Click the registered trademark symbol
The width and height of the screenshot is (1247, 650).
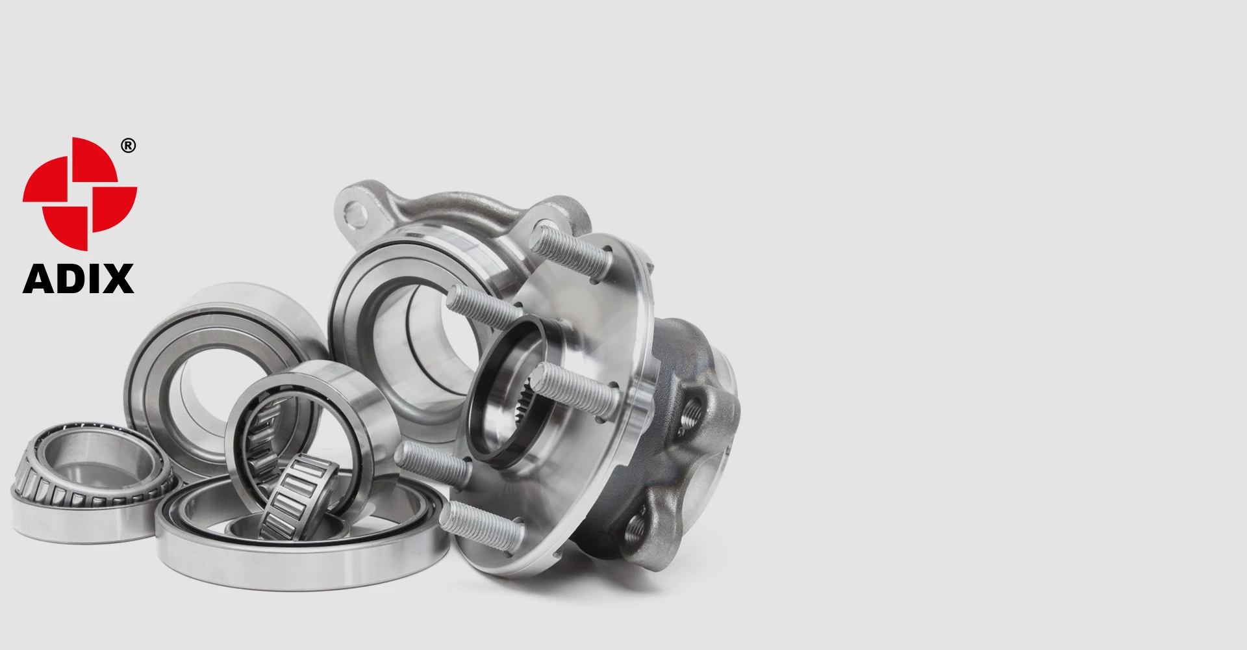[129, 146]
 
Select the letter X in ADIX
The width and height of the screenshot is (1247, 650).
[118, 279]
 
